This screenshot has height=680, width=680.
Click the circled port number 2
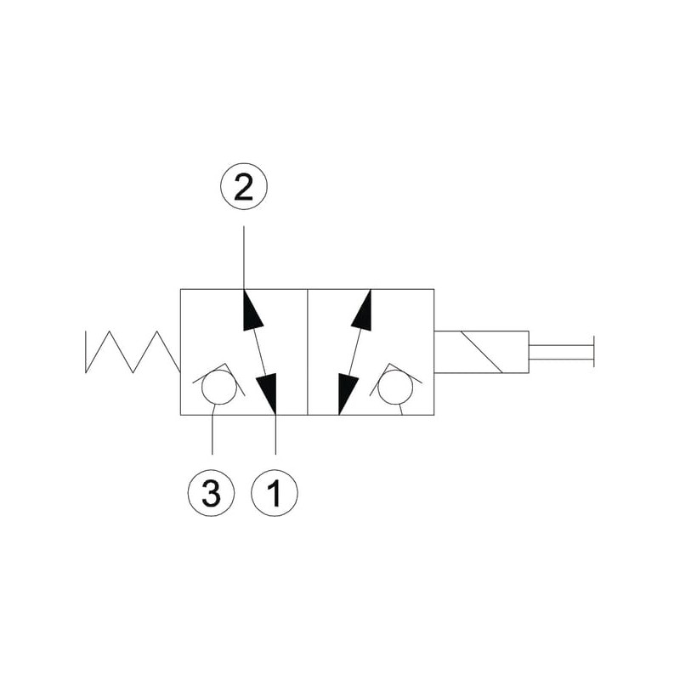pos(244,186)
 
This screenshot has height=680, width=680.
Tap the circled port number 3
pos(211,493)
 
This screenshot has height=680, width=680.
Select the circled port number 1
pos(275,493)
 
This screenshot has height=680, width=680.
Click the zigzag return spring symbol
pos(133,352)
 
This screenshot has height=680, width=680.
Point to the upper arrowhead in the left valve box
pos(252,311)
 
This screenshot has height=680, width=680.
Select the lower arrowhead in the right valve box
pos(347,394)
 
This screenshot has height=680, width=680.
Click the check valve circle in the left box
pos(219,387)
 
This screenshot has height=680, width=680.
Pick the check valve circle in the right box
pos(395,387)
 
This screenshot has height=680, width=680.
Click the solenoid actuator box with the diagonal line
pos(481,352)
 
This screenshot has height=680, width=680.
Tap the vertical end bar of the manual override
pos(593,351)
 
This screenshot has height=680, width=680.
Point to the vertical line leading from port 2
pos(244,258)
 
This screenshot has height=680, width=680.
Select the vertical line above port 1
pos(275,434)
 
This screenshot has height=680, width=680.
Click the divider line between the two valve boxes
pos(308,352)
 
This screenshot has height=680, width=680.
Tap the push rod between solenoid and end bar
pos(561,352)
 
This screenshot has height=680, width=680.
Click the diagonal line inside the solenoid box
pos(481,352)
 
